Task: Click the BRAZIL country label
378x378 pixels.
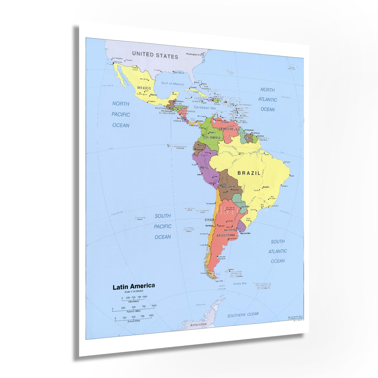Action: [x=249, y=173]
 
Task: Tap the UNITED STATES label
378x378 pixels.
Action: [x=155, y=55]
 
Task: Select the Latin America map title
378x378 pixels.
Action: [x=134, y=287]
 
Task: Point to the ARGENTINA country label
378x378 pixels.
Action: [x=226, y=235]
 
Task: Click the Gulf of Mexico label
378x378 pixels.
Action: [x=173, y=83]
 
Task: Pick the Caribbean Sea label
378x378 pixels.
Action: [x=205, y=108]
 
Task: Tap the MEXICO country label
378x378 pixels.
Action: [x=144, y=88]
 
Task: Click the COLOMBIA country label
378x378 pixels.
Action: [x=212, y=138]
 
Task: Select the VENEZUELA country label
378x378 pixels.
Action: [x=228, y=129]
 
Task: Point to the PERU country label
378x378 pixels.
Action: [x=204, y=168]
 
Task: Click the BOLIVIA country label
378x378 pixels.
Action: [x=228, y=187]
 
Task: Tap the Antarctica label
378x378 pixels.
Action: [x=198, y=325]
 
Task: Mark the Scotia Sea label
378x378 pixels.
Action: [x=239, y=283]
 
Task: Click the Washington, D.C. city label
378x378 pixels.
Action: [x=194, y=54]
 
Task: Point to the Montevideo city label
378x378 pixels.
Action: [x=245, y=233]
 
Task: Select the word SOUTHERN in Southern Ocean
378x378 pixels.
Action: [x=236, y=315]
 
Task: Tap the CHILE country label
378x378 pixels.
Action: [x=209, y=220]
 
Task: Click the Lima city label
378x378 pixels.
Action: [x=199, y=174]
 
